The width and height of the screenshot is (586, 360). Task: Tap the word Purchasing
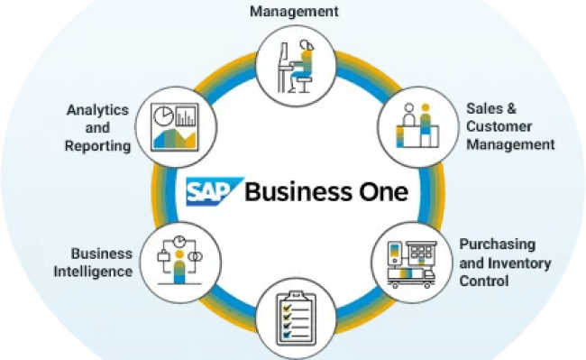[x=497, y=245]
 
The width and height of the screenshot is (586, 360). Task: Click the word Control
[x=484, y=281]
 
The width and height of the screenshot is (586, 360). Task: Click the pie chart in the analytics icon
[x=162, y=118]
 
